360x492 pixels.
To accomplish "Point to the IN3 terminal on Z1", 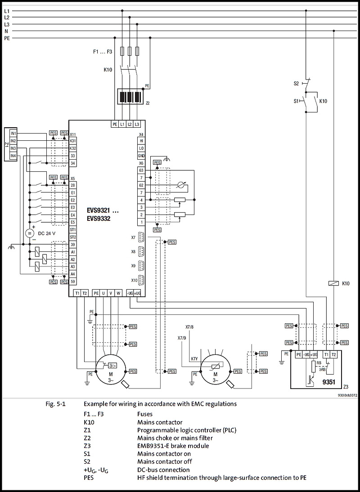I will tap(13, 148).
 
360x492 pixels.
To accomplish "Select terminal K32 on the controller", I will tap(72, 148).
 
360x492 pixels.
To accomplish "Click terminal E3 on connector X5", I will tap(72, 207).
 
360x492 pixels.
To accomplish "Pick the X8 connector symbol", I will tap(141, 251).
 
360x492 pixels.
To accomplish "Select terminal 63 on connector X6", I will tap(141, 170).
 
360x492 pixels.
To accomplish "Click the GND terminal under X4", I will tap(141, 156).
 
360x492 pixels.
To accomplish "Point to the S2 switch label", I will tap(296, 83).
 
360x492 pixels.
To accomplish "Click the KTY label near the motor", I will tap(194, 358).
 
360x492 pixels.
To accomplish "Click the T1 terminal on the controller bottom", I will tap(77, 293).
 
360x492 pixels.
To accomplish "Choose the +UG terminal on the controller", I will tap(138, 293).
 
